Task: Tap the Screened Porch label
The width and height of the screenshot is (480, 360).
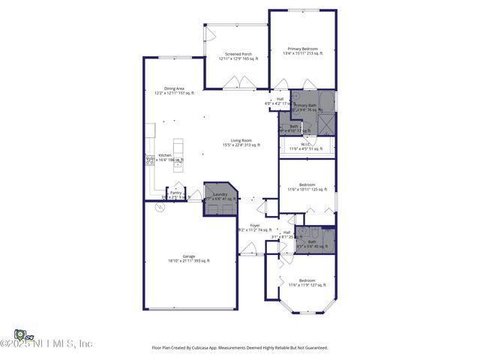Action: [x=236, y=55]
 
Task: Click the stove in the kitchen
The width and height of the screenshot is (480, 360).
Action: [x=150, y=160]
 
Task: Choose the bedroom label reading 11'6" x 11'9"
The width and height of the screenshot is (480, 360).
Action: [x=307, y=283]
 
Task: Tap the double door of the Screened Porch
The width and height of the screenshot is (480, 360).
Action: [x=237, y=85]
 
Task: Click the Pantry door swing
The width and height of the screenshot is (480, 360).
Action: [x=178, y=186]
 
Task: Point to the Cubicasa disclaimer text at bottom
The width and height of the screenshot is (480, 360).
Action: [x=240, y=347]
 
